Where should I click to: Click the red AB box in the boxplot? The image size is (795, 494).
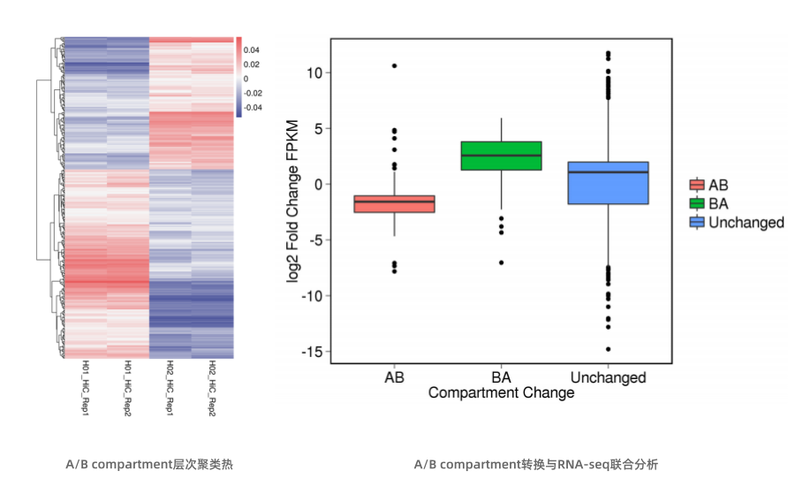pyautogui.click(x=394, y=203)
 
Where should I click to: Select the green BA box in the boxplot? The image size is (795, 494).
pyautogui.click(x=502, y=156)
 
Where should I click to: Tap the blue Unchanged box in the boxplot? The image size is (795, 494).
pyautogui.click(x=608, y=183)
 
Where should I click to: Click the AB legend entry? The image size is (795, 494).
pyautogui.click(x=709, y=186)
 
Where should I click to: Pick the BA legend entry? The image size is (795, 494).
pyautogui.click(x=709, y=203)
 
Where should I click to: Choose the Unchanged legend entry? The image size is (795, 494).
pyautogui.click(x=736, y=222)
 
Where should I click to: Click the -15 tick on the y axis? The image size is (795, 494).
pyautogui.click(x=310, y=352)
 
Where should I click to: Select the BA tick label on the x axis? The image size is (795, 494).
pyautogui.click(x=502, y=377)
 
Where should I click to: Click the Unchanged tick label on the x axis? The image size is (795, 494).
pyautogui.click(x=608, y=377)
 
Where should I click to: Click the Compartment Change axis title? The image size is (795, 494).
pyautogui.click(x=501, y=393)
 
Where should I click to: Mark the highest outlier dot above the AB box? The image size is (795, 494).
pyautogui.click(x=394, y=65)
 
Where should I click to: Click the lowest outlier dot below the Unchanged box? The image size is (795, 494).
pyautogui.click(x=608, y=349)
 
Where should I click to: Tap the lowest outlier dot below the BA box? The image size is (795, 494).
pyautogui.click(x=502, y=262)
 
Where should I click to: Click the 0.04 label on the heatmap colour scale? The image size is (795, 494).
pyautogui.click(x=252, y=50)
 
